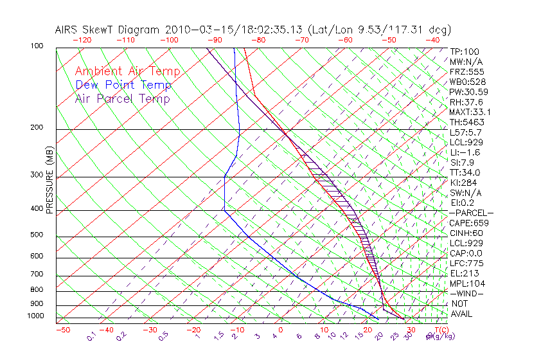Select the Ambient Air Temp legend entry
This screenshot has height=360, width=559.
127,71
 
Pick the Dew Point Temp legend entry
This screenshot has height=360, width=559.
123,85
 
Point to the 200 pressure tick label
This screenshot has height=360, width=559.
37,128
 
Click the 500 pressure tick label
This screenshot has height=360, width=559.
37,235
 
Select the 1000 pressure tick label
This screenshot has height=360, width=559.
35,316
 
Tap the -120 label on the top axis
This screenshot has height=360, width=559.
81,40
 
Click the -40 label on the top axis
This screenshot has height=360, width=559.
432,40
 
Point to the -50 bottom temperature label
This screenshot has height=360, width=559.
62,330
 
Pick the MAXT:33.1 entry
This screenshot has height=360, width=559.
469,112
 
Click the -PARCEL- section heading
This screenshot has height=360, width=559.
471,213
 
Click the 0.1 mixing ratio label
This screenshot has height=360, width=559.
92,336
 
